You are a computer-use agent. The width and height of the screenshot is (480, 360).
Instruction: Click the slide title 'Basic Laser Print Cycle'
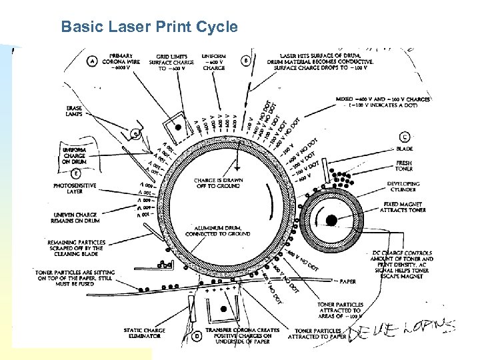pos(149,27)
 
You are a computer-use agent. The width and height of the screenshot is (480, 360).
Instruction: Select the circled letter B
pos(246,61)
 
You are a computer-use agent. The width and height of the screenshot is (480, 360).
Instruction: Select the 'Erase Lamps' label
pos(75,111)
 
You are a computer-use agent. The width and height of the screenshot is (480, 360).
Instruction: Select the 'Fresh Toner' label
pos(404,166)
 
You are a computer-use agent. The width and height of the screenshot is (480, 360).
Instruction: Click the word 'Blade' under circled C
pos(404,149)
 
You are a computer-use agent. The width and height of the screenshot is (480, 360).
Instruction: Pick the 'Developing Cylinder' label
pos(403,187)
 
